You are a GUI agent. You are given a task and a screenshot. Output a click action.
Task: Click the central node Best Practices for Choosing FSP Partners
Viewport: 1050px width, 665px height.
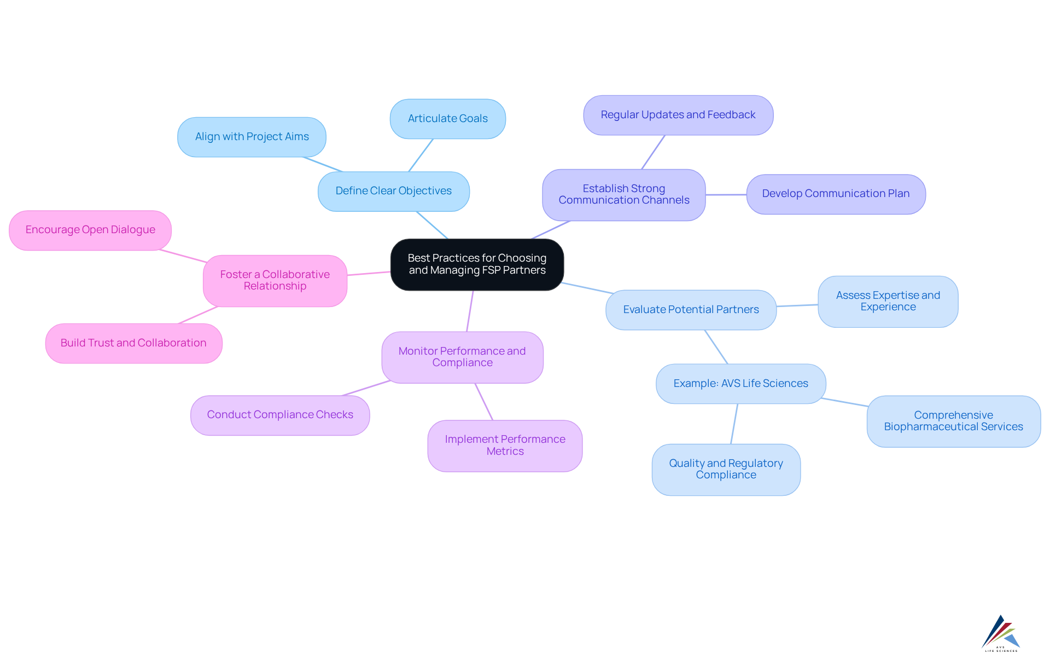[477, 264]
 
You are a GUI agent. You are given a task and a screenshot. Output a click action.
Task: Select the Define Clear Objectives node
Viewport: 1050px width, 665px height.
[393, 191]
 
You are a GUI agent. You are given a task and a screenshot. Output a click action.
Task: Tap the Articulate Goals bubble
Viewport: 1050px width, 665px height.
[447, 119]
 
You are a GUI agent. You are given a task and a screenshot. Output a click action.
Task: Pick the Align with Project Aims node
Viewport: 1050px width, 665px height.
[252, 137]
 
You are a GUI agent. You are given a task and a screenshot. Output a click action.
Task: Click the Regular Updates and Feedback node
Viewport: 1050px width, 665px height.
[678, 115]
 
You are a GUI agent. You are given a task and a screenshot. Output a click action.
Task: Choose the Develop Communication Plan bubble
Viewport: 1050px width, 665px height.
[835, 194]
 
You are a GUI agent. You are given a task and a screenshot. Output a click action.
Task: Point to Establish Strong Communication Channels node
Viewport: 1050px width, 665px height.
[623, 194]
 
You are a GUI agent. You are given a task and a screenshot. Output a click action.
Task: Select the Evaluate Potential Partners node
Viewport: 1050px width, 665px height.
[691, 310]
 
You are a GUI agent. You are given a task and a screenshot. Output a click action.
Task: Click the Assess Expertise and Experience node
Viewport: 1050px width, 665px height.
[888, 302]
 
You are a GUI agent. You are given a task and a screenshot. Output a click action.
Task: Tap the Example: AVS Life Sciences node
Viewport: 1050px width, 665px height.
[740, 384]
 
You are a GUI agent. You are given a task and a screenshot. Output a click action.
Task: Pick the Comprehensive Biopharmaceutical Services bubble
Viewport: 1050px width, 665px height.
[953, 421]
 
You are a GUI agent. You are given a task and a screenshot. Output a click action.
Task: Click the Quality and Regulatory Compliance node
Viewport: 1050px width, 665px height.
[726, 469]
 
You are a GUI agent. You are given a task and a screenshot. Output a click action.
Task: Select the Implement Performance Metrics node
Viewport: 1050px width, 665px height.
[505, 446]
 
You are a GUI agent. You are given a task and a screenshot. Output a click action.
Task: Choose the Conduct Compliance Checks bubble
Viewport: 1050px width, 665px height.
[280, 415]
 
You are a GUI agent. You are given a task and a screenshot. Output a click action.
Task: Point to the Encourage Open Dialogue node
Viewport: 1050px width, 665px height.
[90, 230]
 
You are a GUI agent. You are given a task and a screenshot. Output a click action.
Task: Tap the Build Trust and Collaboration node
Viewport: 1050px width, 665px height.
[133, 343]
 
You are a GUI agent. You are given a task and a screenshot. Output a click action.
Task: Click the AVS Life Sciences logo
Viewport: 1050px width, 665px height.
[1001, 633]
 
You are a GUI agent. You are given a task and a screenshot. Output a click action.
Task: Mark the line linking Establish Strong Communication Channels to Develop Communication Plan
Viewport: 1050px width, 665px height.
[726, 194]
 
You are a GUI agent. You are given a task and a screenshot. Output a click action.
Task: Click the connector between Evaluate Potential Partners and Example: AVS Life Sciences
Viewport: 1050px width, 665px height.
[716, 347]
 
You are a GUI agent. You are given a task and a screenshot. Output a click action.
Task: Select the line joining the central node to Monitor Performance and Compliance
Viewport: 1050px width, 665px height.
[470, 311]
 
